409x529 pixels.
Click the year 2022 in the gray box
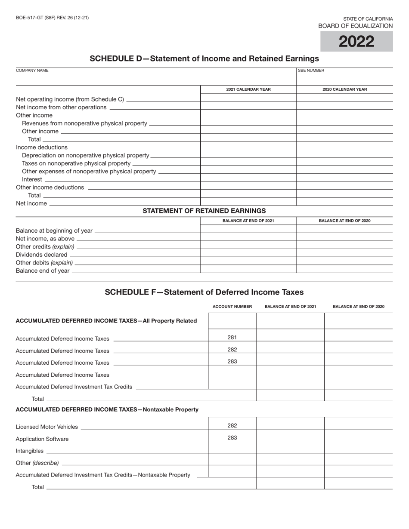tap(356, 42)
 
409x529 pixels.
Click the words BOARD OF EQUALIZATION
tap(355, 26)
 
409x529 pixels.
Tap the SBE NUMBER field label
tap(311, 71)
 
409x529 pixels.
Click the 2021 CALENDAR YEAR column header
tap(248, 89)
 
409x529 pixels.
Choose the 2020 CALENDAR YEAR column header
tap(345, 89)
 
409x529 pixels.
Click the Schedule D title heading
tap(204, 58)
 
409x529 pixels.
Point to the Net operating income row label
tap(70, 99)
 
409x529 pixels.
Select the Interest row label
tap(32, 179)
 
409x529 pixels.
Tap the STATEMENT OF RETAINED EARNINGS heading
tap(204, 211)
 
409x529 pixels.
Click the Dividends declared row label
tap(41, 255)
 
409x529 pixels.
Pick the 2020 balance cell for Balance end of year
tap(345, 270)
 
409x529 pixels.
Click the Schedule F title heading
tap(204, 292)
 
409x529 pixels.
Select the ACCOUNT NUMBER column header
tap(232, 307)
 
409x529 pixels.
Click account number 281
tap(232, 338)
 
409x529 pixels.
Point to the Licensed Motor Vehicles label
tap(46, 427)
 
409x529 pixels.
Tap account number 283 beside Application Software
tap(232, 438)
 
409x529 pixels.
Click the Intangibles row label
tap(29, 451)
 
